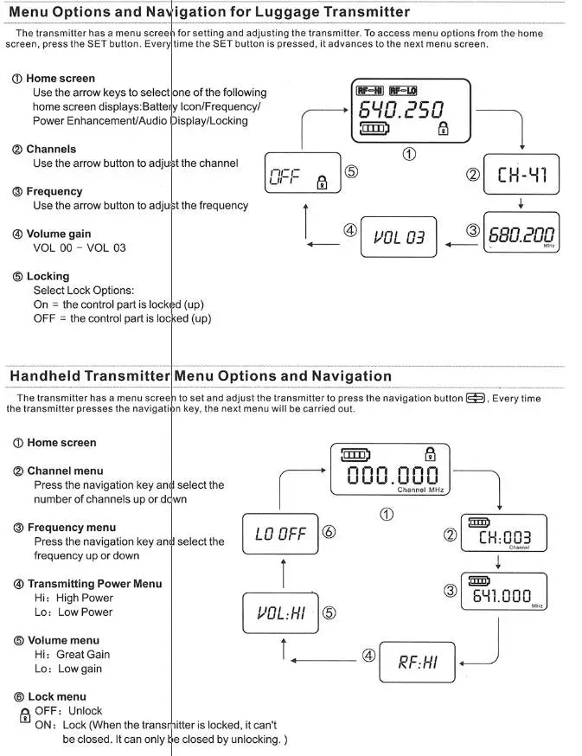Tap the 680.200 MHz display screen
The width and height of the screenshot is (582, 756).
point(521,234)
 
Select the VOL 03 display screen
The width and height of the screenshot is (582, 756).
point(399,236)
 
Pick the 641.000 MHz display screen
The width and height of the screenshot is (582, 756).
point(506,595)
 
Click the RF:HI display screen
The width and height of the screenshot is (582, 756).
point(418,663)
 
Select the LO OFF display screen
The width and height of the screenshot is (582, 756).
point(280,534)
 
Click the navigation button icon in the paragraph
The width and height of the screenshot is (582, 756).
point(476,398)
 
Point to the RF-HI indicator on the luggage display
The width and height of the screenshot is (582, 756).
point(369,90)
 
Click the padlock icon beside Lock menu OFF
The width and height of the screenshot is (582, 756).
point(24,715)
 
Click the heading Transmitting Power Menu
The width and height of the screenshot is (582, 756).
point(94,584)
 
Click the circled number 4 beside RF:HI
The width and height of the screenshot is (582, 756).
point(368,656)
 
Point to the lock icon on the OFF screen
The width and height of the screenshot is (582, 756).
point(323,183)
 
